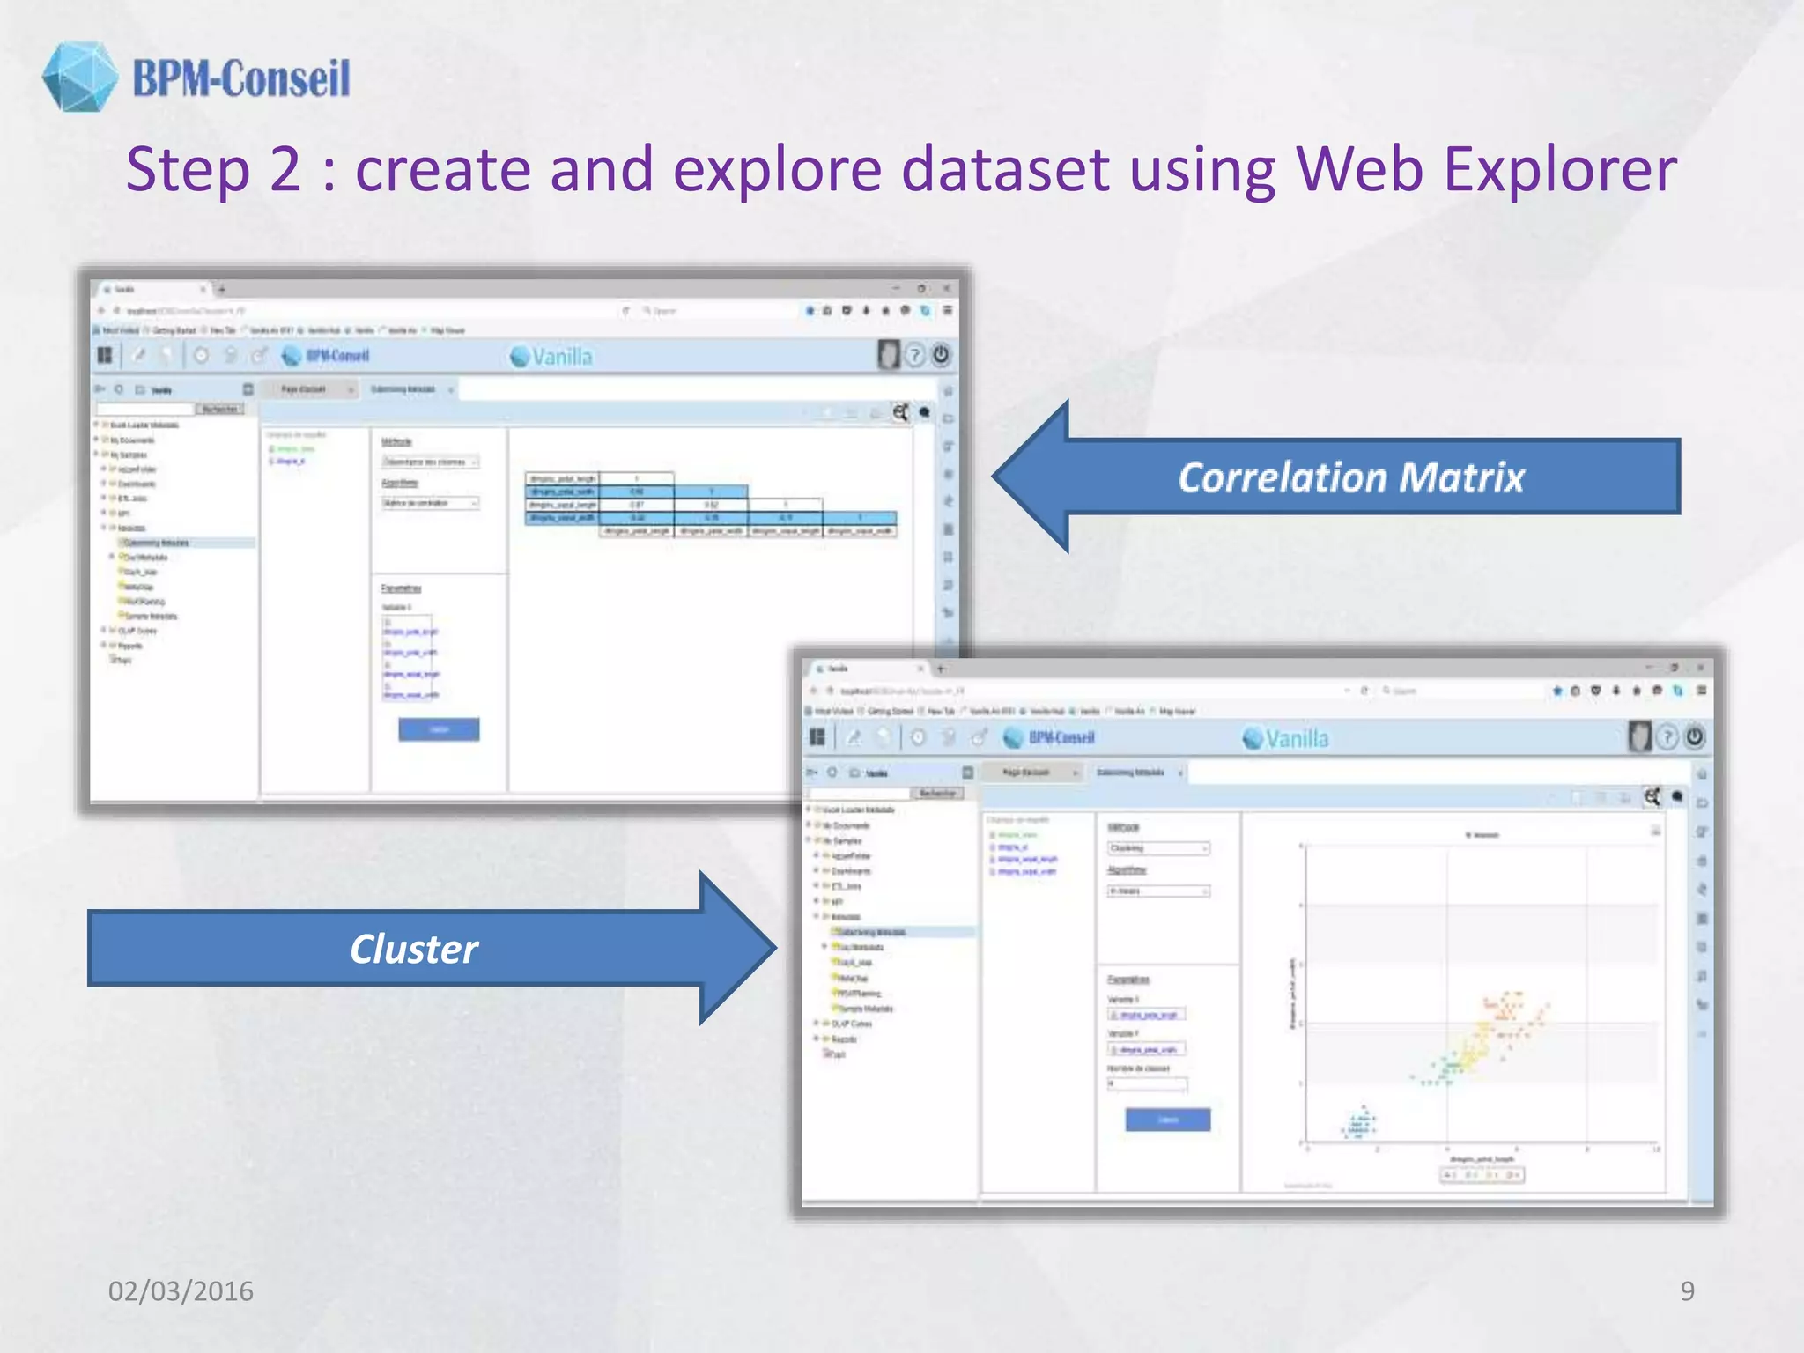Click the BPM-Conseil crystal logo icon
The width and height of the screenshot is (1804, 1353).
79,77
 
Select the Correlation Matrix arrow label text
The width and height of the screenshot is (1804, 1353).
1351,477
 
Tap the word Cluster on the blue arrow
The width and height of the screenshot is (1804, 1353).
414,949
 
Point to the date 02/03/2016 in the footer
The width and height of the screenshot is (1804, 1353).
181,1290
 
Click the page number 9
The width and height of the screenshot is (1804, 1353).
1687,1290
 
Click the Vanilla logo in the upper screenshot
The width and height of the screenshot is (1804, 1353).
551,356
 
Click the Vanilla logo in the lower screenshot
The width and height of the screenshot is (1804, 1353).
1285,738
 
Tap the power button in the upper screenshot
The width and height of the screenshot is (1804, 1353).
941,355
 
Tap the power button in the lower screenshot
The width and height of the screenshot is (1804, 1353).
1695,736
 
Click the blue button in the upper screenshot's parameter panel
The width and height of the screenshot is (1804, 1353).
439,729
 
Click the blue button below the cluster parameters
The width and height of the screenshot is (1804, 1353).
1168,1120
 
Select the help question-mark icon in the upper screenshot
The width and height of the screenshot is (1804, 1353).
915,355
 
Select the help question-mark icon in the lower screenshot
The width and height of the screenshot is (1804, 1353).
1667,737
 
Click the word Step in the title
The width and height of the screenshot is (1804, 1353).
188,169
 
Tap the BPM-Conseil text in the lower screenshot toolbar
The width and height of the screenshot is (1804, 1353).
1061,738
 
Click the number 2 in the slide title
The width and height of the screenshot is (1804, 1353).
285,169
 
